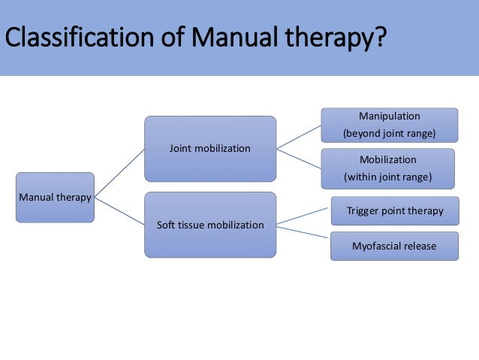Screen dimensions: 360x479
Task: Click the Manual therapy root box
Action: point(56,198)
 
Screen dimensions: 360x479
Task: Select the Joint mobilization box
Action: point(210,149)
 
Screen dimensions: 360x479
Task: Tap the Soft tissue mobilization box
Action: point(210,225)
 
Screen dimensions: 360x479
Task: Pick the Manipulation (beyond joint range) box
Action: point(389,126)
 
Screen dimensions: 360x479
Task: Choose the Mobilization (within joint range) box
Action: point(387,168)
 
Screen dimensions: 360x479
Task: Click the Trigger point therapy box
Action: point(394,211)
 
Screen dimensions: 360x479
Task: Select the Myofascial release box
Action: point(394,246)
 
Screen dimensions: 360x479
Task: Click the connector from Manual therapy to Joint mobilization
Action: point(119,173)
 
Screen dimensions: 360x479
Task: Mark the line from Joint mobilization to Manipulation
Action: point(299,138)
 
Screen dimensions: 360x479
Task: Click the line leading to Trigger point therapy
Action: point(303,216)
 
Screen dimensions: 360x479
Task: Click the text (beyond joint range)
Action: point(389,135)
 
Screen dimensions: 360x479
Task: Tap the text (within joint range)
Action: point(387,178)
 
